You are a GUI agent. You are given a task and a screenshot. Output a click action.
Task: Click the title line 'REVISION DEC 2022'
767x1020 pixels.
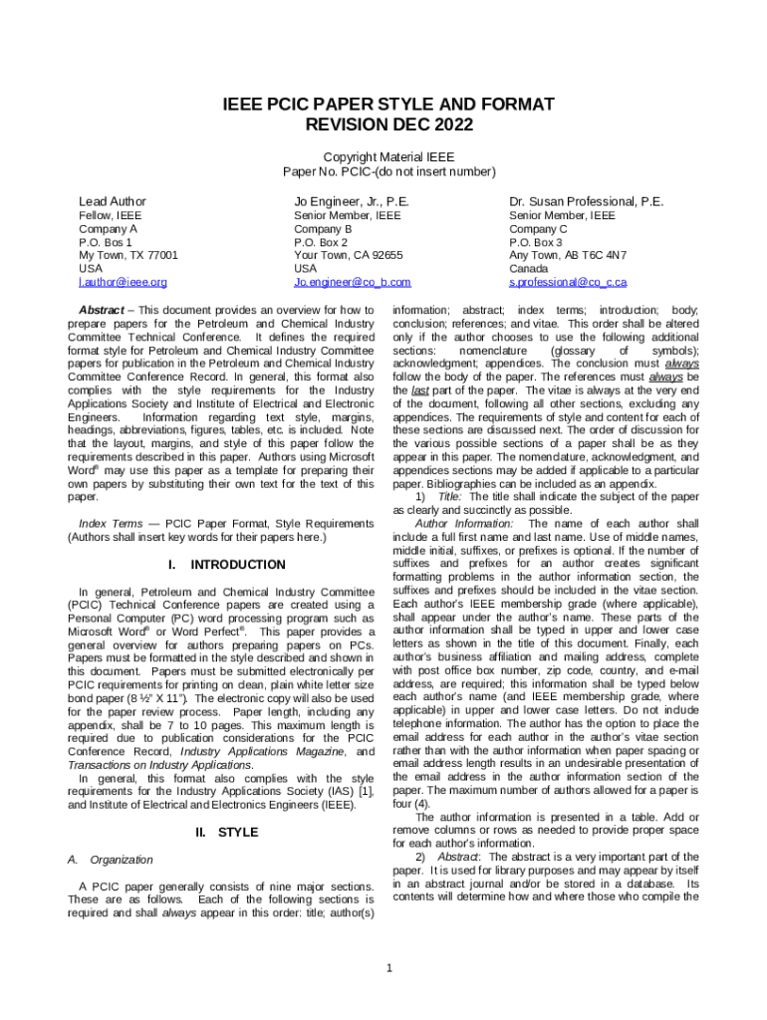point(388,126)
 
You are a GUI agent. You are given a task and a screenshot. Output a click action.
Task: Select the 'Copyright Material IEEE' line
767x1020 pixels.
point(388,157)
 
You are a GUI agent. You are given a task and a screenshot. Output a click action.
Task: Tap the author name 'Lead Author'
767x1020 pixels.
point(113,201)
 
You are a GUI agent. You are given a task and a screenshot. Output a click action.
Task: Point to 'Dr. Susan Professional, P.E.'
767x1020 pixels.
point(586,201)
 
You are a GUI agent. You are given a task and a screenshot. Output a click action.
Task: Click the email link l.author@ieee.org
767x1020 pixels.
point(123,283)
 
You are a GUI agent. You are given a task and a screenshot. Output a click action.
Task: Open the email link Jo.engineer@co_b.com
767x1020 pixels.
point(352,283)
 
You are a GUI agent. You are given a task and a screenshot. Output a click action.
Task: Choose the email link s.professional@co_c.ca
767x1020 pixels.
point(568,283)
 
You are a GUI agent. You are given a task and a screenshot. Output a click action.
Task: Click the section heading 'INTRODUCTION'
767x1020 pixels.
point(238,565)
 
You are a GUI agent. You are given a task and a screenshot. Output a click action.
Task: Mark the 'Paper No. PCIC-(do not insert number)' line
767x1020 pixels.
point(388,172)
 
